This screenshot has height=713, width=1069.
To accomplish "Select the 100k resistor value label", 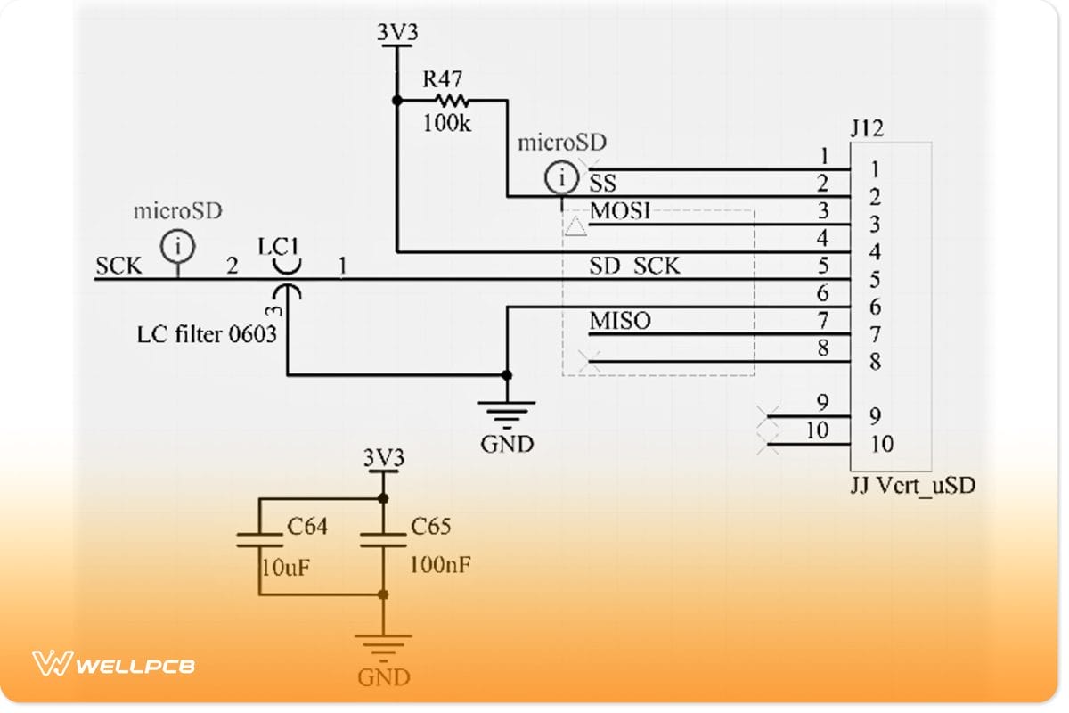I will (446, 123).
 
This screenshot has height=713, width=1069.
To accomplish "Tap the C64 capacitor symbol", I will (258, 540).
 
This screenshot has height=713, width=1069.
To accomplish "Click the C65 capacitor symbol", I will (383, 540).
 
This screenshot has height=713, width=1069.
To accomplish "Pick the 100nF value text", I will (440, 565).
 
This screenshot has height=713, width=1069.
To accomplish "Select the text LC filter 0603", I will (208, 335).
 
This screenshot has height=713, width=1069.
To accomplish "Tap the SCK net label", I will (118, 266).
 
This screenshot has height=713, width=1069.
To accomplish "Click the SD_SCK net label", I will (634, 266).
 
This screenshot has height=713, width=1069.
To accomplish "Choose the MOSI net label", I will (620, 211).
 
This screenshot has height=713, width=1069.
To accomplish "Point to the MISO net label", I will (620, 321).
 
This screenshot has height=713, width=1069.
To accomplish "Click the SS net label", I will (603, 184).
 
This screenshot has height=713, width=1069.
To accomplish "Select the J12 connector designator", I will (867, 129).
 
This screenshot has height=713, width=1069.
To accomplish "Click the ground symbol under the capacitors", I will (383, 644).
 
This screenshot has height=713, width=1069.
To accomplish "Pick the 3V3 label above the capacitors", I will (383, 458).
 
